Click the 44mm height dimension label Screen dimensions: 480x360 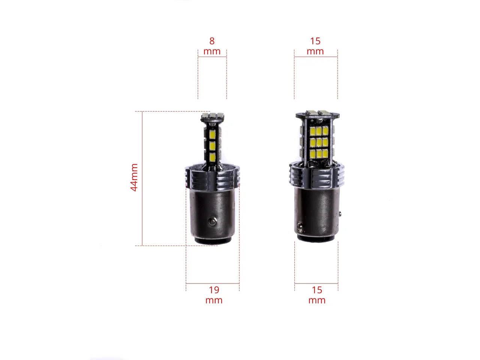[134, 177]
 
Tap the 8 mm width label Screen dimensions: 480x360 [212, 46]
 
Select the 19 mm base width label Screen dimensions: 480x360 [214, 295]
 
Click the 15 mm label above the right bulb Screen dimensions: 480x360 [315, 46]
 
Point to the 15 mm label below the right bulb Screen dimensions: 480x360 [317, 295]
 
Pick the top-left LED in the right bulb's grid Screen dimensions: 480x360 [312, 131]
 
